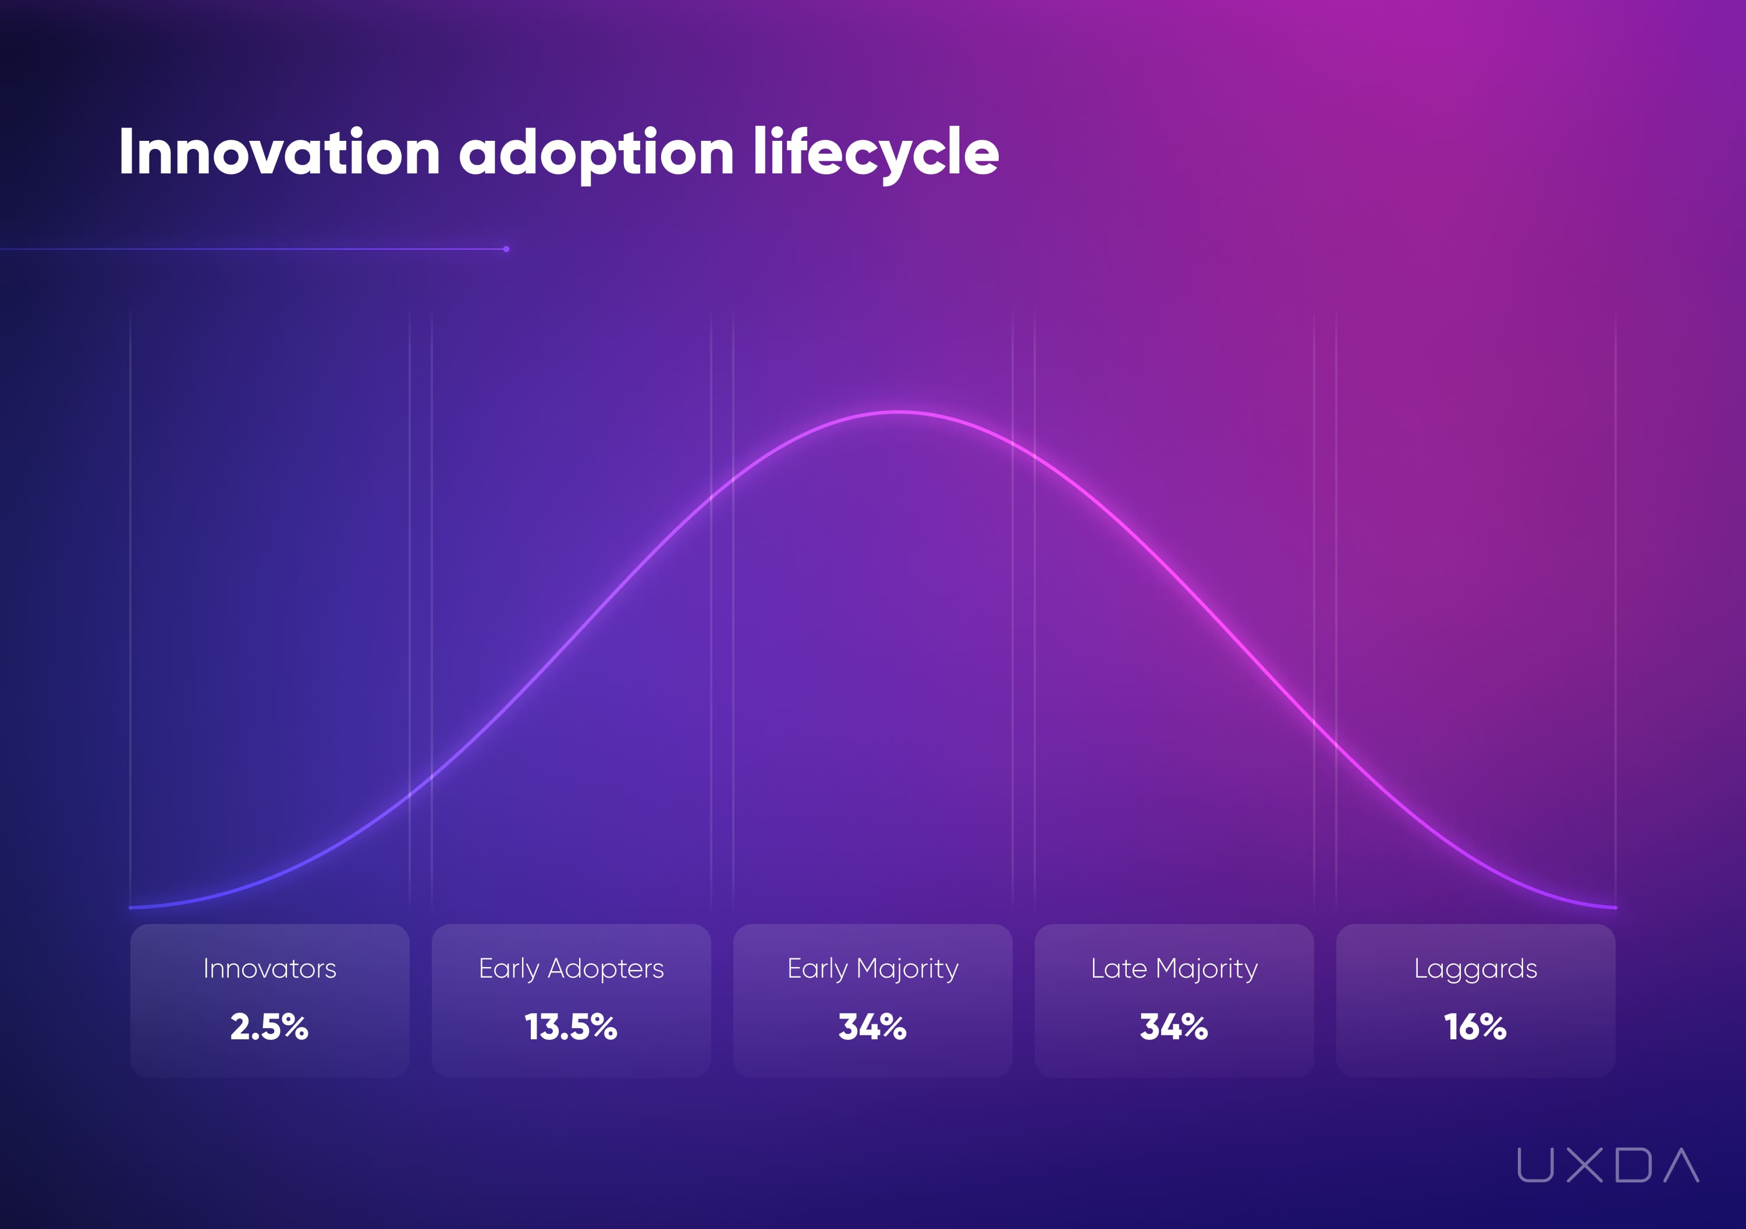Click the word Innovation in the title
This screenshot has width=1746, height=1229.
coord(279,153)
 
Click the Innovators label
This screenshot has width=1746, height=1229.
coord(269,969)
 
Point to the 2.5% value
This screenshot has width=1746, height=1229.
coord(269,1026)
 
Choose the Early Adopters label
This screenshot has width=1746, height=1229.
coord(571,969)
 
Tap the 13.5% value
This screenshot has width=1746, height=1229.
coord(571,1026)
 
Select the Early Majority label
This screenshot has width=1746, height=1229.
coord(872,969)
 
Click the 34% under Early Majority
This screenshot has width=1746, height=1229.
coord(872,1026)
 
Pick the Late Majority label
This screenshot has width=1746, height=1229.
coord(1174,969)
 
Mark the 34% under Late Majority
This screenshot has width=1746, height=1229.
coord(1174,1026)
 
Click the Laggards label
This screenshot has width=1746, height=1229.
coord(1475,969)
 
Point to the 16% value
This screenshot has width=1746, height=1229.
coord(1475,1026)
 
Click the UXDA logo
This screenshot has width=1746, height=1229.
coord(1607,1165)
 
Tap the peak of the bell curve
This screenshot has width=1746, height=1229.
coord(898,412)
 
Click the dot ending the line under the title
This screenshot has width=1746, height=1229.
coord(506,248)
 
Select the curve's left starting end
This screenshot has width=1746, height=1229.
coord(132,907)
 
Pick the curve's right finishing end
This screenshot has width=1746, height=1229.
coord(1614,907)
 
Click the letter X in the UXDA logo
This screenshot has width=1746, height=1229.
coord(1585,1165)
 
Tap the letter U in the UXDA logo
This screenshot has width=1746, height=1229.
coord(1535,1165)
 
